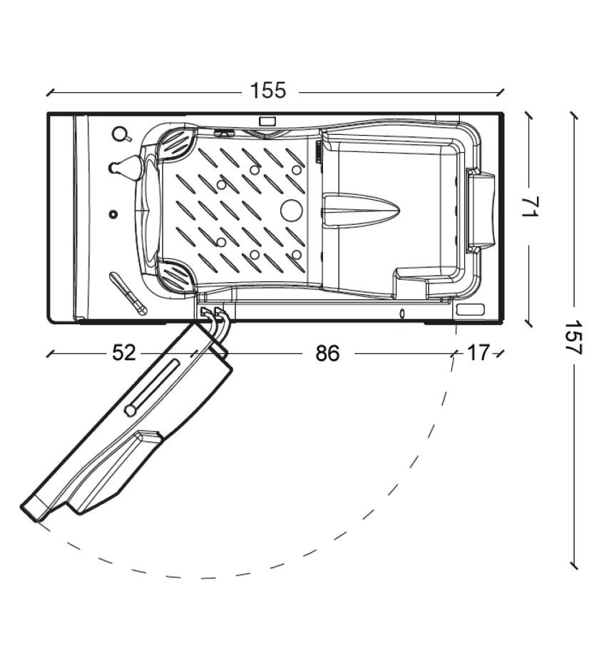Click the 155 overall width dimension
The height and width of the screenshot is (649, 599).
tap(268, 91)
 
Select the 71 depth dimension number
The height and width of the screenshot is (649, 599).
tap(529, 206)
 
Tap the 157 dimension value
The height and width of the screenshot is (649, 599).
tap(574, 337)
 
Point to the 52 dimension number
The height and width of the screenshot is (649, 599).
tap(124, 353)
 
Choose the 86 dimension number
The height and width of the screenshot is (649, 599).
tap(327, 354)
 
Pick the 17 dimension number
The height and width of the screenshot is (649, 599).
tap(478, 353)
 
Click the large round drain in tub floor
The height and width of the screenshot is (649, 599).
tap(292, 210)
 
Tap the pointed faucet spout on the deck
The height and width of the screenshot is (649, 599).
tap(126, 167)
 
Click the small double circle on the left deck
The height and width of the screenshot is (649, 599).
tap(113, 214)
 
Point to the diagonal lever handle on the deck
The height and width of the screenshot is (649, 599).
tap(128, 293)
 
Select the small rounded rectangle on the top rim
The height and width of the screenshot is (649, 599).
tap(267, 121)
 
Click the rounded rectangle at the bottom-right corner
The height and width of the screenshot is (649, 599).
tap(470, 310)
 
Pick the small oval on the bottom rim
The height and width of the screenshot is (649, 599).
tap(401, 313)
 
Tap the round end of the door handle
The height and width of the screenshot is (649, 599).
tap(130, 411)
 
